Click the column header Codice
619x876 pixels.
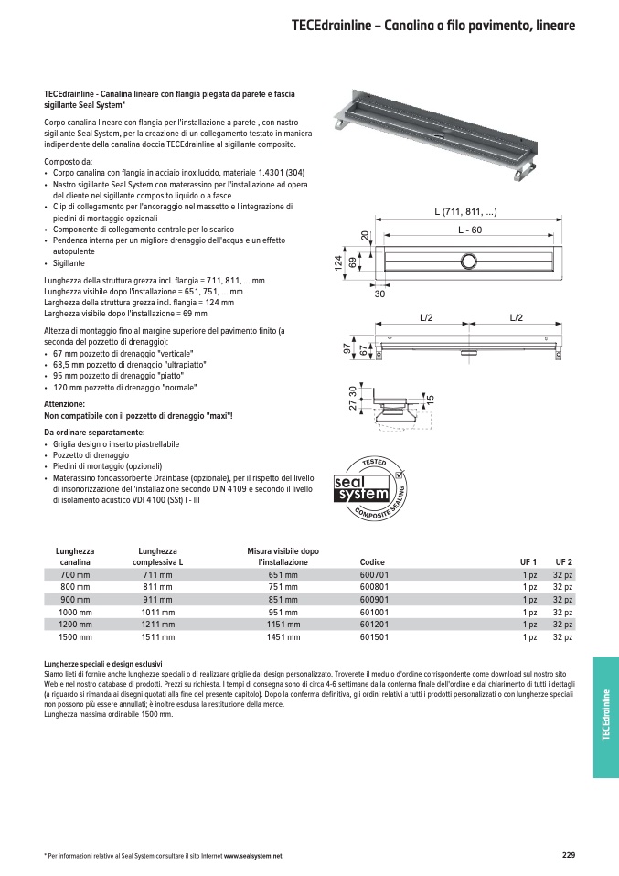coord(372,562)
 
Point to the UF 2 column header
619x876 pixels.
coord(563,562)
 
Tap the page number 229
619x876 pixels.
coord(568,855)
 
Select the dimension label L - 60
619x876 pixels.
coord(470,230)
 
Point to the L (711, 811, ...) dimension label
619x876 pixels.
coord(465,212)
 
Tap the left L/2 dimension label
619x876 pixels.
coord(426,317)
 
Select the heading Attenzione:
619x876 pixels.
coord(64,403)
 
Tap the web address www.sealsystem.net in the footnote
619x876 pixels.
coord(253,856)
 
